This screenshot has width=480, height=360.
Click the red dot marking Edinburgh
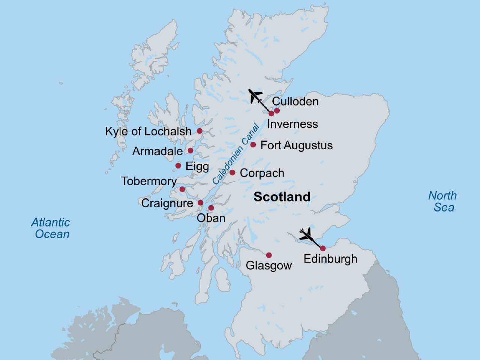(322, 248)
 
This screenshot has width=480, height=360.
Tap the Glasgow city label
(268, 265)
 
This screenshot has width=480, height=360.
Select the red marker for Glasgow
(269, 255)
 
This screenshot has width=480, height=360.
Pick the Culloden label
(295, 101)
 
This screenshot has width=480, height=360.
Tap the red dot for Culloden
(277, 111)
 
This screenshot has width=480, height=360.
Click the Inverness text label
(292, 124)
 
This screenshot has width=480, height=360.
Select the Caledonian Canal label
(236, 154)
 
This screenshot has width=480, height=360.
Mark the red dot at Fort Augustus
(253, 145)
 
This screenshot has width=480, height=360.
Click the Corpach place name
(262, 173)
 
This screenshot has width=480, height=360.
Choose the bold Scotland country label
(282, 197)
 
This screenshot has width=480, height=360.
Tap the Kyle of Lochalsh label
(148, 131)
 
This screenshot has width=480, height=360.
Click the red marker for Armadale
(190, 151)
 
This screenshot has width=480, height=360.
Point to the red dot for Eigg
(178, 166)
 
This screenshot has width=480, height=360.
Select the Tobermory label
(149, 181)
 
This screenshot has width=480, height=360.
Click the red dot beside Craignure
(200, 203)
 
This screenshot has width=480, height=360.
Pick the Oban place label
(211, 218)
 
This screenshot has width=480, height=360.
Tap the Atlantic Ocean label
(51, 228)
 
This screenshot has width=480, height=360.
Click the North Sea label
(443, 201)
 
